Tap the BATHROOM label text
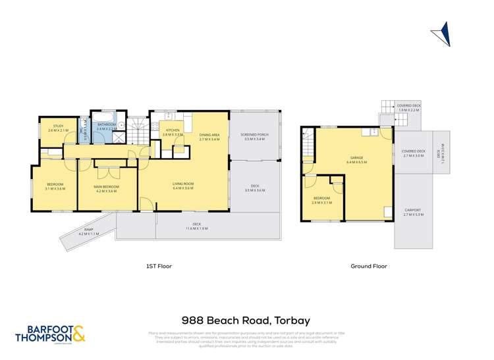tap(106, 124)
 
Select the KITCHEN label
tap(173, 130)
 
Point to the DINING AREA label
tap(209, 136)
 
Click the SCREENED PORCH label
tap(254, 135)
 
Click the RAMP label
tap(88, 230)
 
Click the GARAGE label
tap(355, 158)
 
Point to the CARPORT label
tap(413, 211)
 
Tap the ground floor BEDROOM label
tap(321, 198)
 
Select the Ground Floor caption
tap(369, 267)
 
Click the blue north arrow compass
tap(441, 34)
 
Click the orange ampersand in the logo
tap(78, 334)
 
